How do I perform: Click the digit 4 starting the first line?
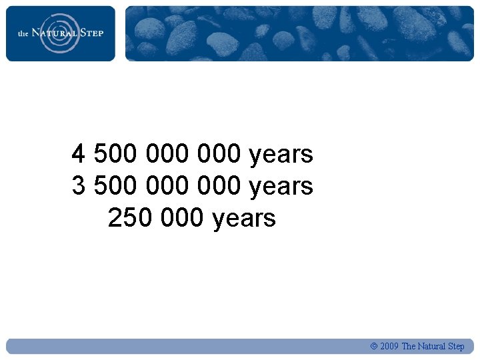[x=79, y=155]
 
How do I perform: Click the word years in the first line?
[x=281, y=155]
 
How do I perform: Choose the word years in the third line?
[x=243, y=218]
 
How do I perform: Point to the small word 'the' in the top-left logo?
[x=23, y=33]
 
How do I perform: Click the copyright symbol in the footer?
[x=374, y=347]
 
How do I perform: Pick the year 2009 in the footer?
[x=389, y=347]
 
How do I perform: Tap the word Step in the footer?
[x=457, y=347]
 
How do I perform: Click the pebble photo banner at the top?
[x=300, y=33]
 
